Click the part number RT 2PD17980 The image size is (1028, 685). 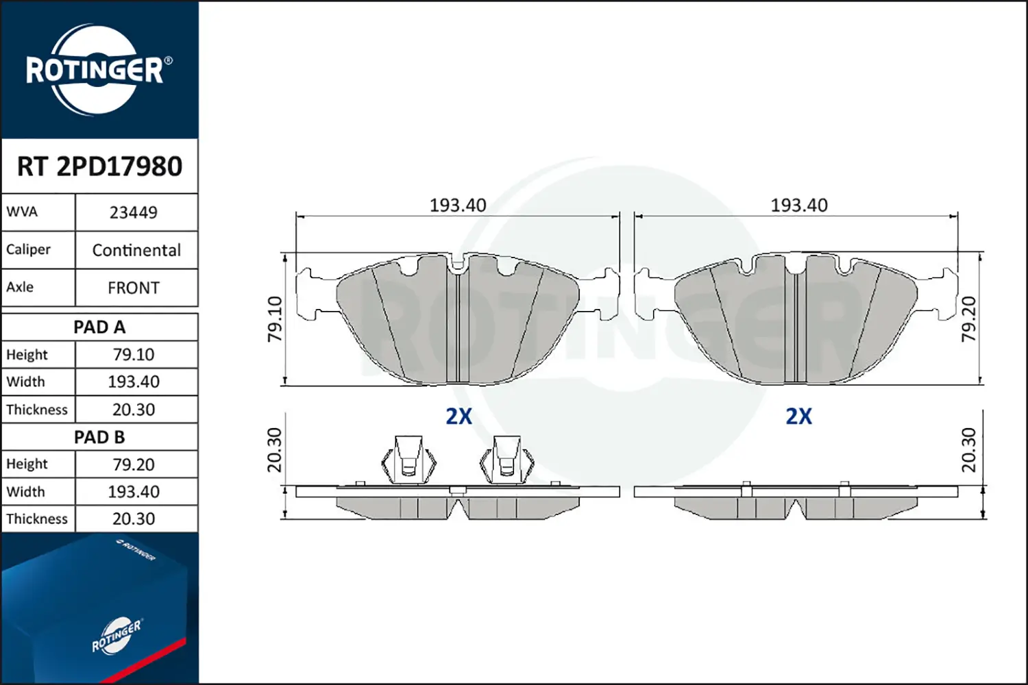[x=99, y=166]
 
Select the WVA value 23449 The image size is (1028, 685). [x=134, y=212]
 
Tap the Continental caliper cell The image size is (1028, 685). [x=137, y=250]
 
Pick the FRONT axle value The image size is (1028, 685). [x=134, y=288]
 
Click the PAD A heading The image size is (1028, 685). [x=99, y=327]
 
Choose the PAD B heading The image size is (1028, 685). [x=99, y=437]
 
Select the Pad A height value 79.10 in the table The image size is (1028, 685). [x=134, y=355]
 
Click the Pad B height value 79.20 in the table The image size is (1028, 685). [x=134, y=464]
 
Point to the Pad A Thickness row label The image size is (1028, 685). [x=37, y=409]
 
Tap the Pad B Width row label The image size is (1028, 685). [x=26, y=492]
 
